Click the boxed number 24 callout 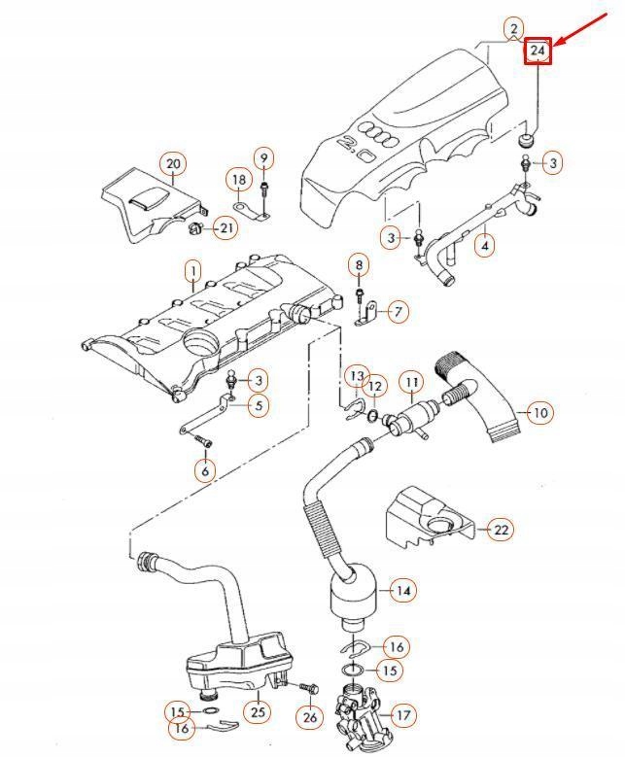click(x=538, y=51)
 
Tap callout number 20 click(x=173, y=163)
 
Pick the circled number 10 click(x=540, y=412)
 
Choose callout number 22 click(x=500, y=529)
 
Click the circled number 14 click(x=402, y=590)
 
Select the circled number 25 click(x=257, y=713)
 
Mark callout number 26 click(x=309, y=718)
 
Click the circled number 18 click(x=239, y=179)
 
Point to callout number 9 click(x=264, y=157)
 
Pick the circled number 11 click(x=411, y=382)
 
